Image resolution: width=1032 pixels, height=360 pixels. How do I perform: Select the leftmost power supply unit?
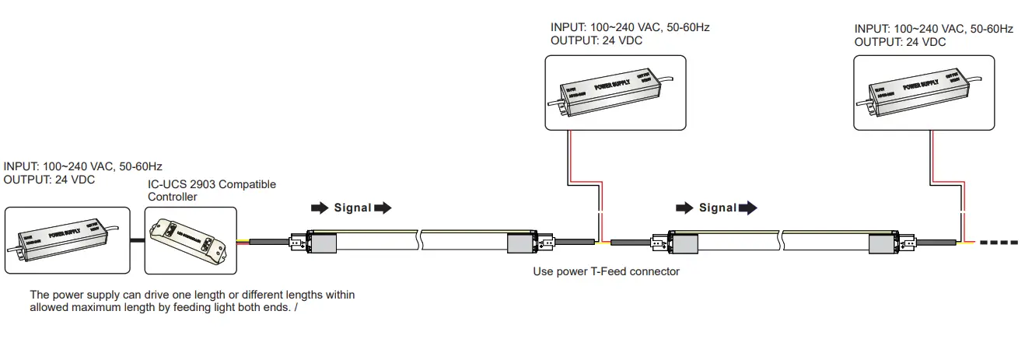click(x=67, y=239)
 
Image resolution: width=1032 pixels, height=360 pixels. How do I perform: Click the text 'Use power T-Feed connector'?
click(x=606, y=271)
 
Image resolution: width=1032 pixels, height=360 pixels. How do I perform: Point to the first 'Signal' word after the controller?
click(x=352, y=208)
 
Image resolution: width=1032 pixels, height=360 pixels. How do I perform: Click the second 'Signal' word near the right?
click(x=717, y=208)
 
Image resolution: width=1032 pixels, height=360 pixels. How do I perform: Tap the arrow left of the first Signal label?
click(x=320, y=208)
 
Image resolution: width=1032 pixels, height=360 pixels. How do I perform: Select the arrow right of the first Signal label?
click(x=383, y=208)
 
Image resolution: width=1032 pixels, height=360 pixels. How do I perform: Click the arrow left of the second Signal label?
click(x=684, y=208)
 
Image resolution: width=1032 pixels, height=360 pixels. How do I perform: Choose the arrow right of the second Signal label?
click(x=747, y=208)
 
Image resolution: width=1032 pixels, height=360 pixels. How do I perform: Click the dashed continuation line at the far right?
click(x=999, y=243)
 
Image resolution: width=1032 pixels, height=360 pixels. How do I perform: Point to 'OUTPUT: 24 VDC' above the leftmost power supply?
click(x=49, y=180)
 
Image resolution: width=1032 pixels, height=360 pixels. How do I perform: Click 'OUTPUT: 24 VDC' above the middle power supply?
click(x=596, y=40)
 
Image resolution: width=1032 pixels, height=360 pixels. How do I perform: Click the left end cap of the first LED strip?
click(x=321, y=243)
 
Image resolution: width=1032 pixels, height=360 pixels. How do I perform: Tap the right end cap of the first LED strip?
click(x=522, y=243)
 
